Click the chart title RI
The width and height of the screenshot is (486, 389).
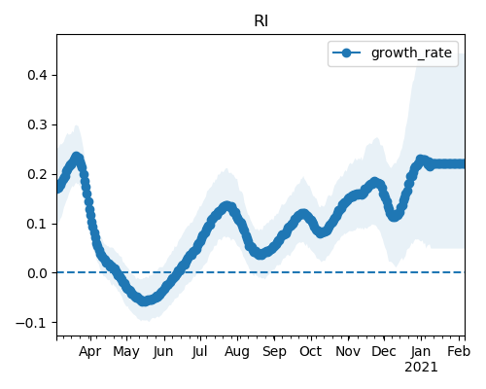(260, 21)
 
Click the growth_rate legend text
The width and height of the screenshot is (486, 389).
(411, 53)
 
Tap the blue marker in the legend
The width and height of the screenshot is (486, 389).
(346, 53)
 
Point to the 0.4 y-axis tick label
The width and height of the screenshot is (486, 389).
(38, 75)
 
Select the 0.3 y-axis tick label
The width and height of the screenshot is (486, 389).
(38, 124)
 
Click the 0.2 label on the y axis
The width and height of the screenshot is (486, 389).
(38, 174)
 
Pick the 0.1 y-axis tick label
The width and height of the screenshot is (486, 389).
(38, 224)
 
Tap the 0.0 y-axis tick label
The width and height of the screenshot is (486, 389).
(38, 273)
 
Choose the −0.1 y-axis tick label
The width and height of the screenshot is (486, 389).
(31, 323)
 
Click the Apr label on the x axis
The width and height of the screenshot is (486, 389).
(90, 352)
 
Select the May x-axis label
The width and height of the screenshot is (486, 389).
(126, 352)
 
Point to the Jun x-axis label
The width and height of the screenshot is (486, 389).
(163, 352)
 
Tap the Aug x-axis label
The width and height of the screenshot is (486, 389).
(237, 352)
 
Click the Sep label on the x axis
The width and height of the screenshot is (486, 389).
(274, 352)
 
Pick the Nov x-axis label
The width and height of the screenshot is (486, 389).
(348, 352)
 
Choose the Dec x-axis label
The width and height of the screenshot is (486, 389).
(384, 352)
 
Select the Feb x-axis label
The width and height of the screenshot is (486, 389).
(459, 352)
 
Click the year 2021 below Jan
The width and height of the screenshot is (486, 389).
(421, 368)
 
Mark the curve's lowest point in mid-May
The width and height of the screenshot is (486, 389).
(144, 301)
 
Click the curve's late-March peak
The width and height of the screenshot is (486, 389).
(77, 158)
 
